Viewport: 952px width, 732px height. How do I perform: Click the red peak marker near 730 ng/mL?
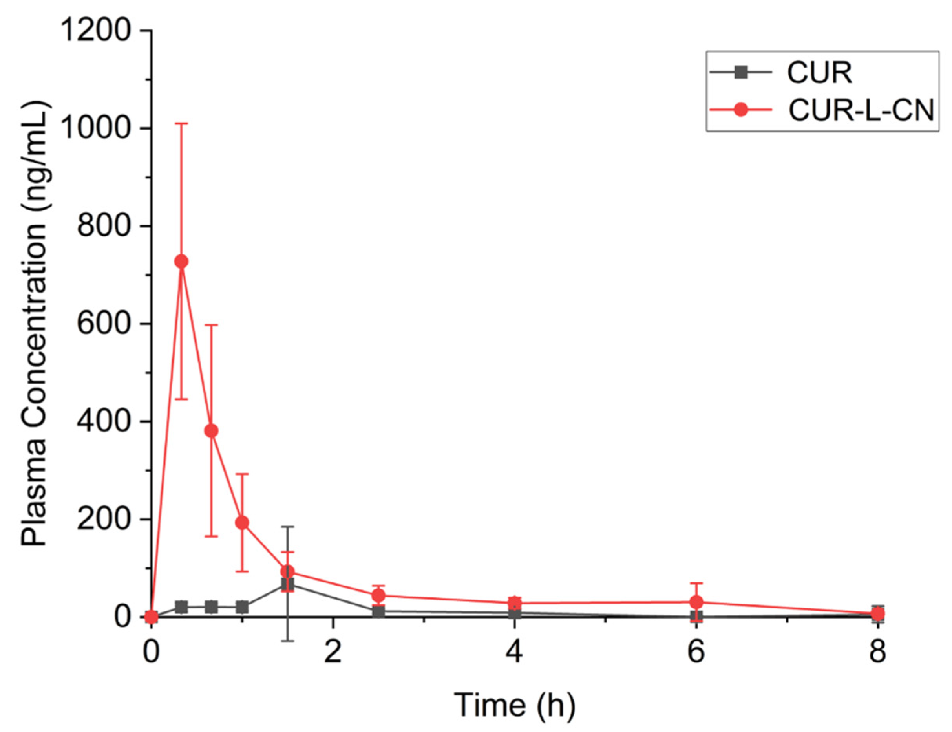181,262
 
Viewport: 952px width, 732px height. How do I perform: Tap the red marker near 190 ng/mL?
242,523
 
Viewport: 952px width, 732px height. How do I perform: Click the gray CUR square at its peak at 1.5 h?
287,584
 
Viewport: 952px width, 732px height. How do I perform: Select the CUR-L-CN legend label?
861,111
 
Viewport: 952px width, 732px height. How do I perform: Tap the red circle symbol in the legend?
740,110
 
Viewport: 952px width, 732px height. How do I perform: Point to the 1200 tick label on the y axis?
96,31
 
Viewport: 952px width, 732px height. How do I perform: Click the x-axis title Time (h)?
514,705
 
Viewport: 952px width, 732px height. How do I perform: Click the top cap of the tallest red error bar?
181,124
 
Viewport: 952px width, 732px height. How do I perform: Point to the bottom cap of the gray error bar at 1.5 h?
287,640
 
